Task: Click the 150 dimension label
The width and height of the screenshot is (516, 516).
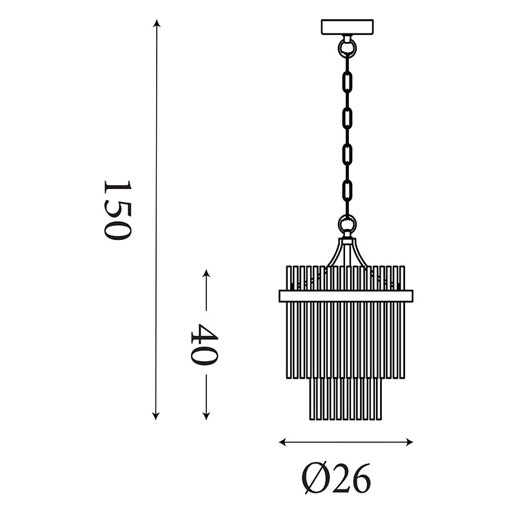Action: pyautogui.click(x=118, y=210)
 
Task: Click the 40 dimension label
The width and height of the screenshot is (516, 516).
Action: pyautogui.click(x=204, y=344)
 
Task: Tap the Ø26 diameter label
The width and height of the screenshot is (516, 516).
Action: pyautogui.click(x=336, y=478)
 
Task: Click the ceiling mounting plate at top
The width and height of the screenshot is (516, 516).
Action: pyautogui.click(x=347, y=26)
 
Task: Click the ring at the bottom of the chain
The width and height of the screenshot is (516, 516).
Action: pyautogui.click(x=347, y=224)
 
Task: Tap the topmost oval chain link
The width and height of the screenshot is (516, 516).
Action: pyautogui.click(x=347, y=82)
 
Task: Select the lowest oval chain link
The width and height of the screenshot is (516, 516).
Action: pyautogui.click(x=347, y=190)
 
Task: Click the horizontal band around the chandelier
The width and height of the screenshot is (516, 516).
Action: pyautogui.click(x=346, y=296)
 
